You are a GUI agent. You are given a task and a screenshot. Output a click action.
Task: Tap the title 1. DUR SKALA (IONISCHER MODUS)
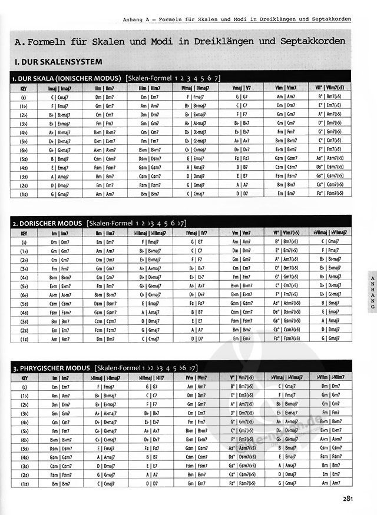(x=67, y=78)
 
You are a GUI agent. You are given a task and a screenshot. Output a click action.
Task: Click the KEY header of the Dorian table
(x=24, y=232)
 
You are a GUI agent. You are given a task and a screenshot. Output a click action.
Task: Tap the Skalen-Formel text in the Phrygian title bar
(x=115, y=368)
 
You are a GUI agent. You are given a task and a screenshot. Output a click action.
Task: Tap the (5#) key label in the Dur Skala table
(x=24, y=158)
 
